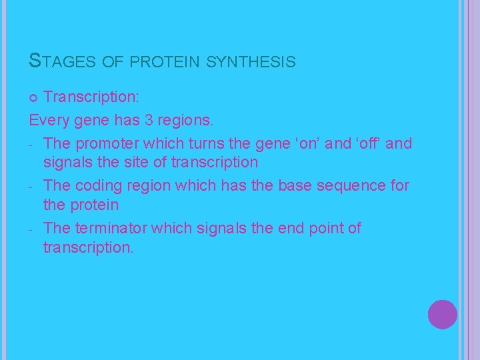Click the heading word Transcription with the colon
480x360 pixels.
91,97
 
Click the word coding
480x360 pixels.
101,185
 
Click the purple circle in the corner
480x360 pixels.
442,314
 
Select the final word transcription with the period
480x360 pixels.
88,247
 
